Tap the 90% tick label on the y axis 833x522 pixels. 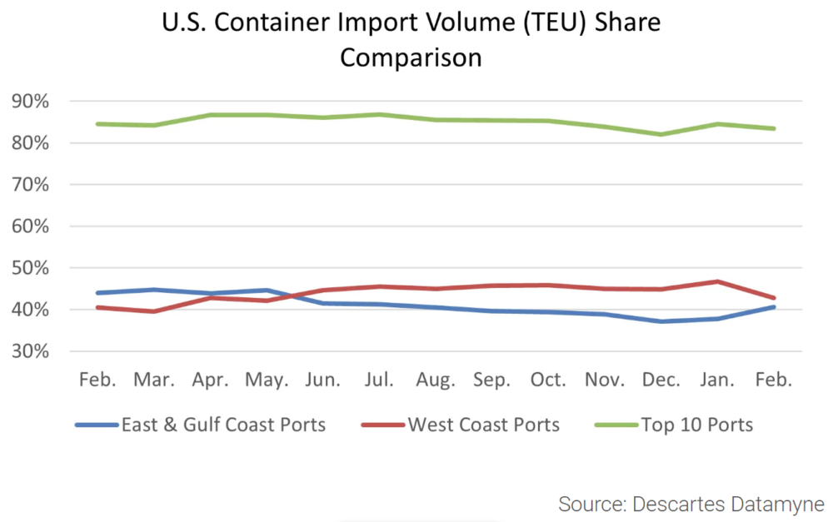[31, 102]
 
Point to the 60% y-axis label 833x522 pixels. [31, 226]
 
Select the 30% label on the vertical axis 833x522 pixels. [31, 351]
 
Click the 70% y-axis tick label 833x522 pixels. [31, 185]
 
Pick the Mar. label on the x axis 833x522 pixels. [154, 380]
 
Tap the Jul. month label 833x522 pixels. [379, 380]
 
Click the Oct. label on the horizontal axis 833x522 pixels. [547, 380]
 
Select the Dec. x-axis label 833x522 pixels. [661, 380]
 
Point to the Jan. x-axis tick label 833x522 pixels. [716, 380]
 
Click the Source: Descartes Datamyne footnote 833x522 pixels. [691, 504]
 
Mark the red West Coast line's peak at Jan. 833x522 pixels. [716, 281]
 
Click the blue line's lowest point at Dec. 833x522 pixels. [661, 321]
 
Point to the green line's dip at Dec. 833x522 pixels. [661, 134]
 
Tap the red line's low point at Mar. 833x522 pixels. [154, 311]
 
